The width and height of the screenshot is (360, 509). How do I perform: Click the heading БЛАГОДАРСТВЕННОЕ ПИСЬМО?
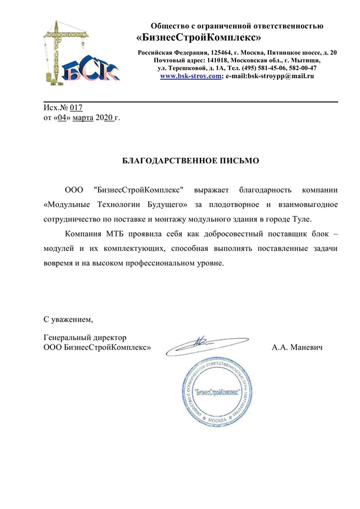(x=191, y=160)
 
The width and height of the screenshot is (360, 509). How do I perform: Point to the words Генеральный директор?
(x=85, y=337)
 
